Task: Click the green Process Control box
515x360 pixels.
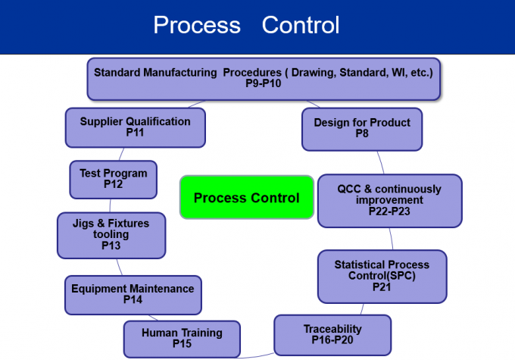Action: pos(246,198)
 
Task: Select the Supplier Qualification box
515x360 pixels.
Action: pos(135,127)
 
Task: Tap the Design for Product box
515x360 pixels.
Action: pos(361,128)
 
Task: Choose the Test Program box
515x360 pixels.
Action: pos(113,179)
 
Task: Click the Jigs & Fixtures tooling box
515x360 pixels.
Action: pos(111,234)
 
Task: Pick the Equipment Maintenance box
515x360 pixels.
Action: pos(133,294)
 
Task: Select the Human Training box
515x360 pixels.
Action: pos(182,338)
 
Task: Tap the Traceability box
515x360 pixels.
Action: pos(332,334)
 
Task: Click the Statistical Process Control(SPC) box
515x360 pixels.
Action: pos(382,276)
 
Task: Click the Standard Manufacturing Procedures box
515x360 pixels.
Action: pos(263,79)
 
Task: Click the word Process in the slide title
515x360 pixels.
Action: pos(197,25)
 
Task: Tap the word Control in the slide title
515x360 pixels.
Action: pos(301,25)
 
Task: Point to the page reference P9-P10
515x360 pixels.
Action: pos(263,84)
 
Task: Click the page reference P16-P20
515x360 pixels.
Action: pos(332,340)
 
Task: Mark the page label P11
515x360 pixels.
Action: pos(135,133)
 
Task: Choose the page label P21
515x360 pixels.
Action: pos(382,287)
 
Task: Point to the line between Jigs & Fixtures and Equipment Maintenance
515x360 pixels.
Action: pos(119,267)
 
